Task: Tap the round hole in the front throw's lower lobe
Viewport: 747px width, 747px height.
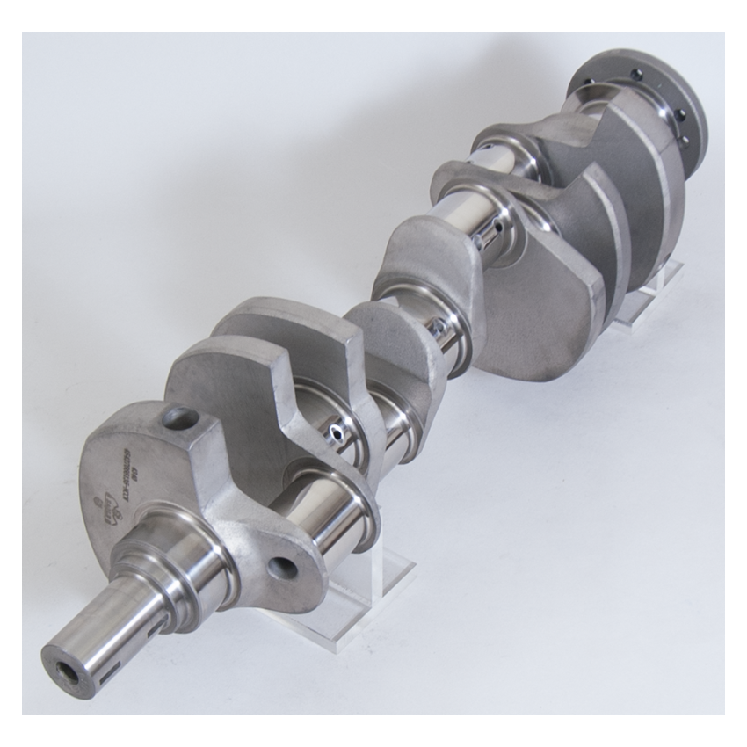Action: (282, 568)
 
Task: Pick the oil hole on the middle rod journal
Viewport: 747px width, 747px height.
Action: (437, 327)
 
